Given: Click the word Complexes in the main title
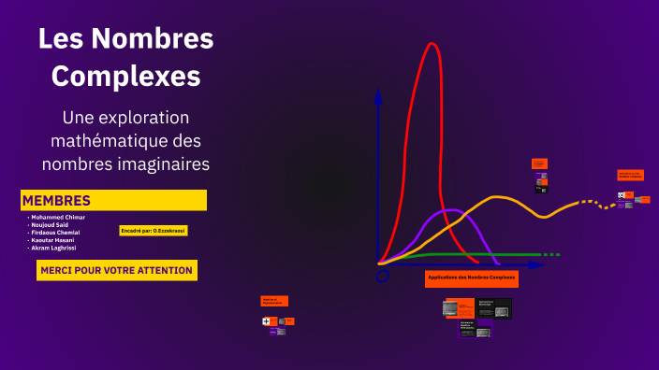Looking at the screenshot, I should point(125,75).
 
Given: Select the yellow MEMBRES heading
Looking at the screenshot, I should point(57,201).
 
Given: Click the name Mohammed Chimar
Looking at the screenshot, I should point(57,217).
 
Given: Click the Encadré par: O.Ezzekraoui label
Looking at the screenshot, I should point(154,230).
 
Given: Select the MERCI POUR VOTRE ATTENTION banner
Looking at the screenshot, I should point(116,270).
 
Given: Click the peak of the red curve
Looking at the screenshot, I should point(432,44).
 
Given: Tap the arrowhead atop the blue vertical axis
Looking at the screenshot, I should point(378,93).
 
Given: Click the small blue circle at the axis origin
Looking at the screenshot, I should point(382,276).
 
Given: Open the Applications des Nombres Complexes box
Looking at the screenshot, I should point(472,278).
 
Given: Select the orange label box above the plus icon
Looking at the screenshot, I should point(274,301).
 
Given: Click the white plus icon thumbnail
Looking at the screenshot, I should point(267,321).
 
